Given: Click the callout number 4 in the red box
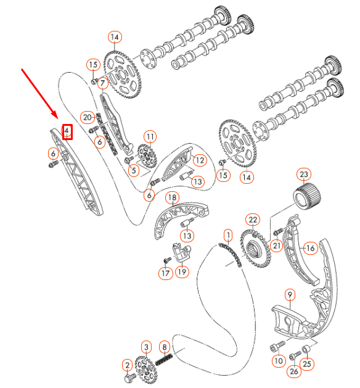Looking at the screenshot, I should click(x=68, y=131).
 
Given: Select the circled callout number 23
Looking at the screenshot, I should click(x=303, y=173).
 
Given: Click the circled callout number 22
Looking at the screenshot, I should click(x=253, y=220).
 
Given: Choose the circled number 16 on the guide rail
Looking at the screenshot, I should click(x=309, y=248).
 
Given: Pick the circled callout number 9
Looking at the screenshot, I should click(x=290, y=295).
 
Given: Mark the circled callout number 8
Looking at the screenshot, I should click(x=165, y=347).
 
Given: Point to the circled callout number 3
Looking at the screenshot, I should click(x=146, y=347).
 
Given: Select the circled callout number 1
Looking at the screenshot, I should click(x=228, y=235).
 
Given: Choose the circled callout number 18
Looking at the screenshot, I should click(x=173, y=197).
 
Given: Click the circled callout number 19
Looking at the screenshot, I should click(x=182, y=271).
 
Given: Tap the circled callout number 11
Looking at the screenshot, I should click(x=150, y=136).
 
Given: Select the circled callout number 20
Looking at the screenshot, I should click(x=88, y=117).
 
